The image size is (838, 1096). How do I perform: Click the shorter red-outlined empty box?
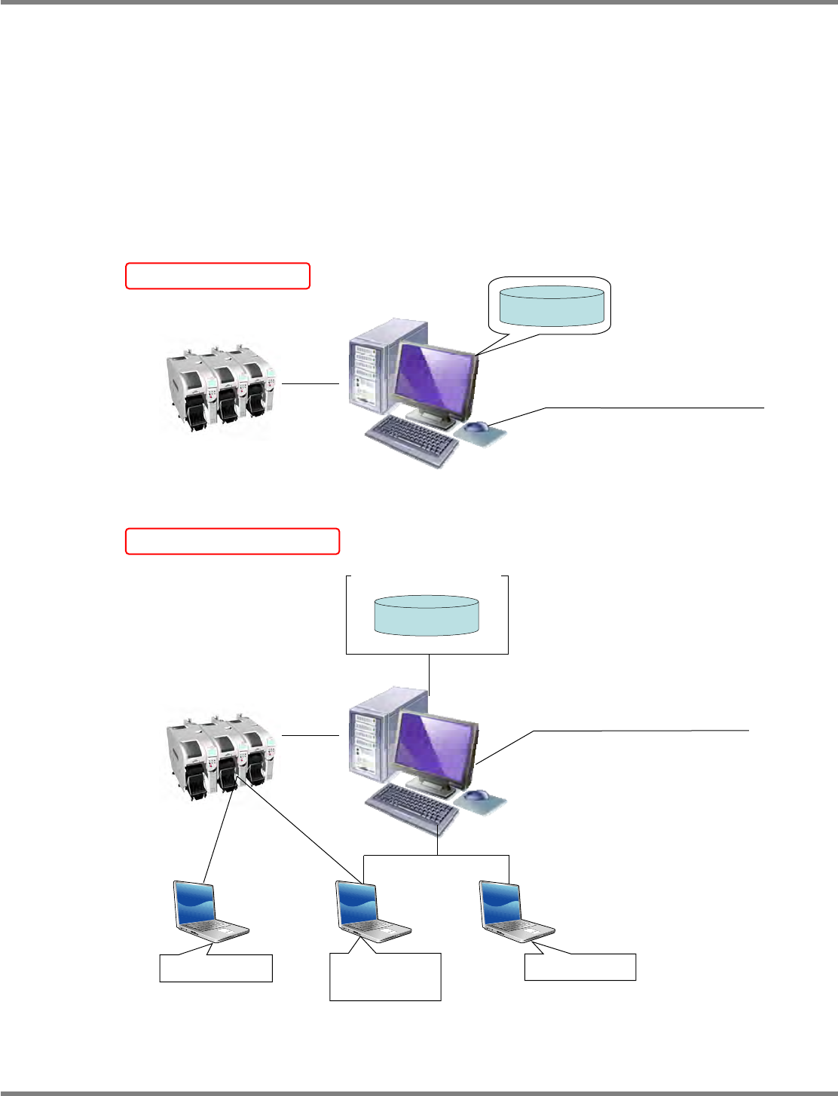coord(218,276)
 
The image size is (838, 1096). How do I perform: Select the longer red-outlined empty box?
coord(232,542)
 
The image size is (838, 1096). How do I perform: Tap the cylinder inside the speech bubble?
coord(552,306)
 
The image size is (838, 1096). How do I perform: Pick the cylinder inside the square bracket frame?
coord(427,615)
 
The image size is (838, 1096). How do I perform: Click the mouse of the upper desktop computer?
coord(476,428)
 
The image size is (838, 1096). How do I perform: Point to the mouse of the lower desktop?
coord(476,795)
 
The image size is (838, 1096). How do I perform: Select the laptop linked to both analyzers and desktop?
coord(370,911)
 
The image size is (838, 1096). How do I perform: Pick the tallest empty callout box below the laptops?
coord(385,977)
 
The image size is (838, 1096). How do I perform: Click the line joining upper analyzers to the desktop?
coord(310,383)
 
